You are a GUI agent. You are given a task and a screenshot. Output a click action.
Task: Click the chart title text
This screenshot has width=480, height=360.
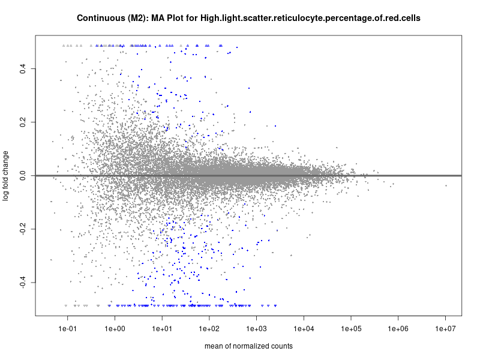tap(248, 18)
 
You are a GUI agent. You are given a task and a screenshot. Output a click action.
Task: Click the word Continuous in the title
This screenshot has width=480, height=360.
tap(99, 18)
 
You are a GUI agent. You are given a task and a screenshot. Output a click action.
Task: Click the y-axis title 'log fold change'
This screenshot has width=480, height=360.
tap(6, 175)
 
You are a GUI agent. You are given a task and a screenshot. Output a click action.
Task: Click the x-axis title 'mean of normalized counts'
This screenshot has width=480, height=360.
tap(248, 346)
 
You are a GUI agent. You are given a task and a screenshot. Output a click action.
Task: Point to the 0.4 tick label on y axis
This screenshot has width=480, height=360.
tap(22, 69)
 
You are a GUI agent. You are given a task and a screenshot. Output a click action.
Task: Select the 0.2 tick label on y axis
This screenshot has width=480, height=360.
tap(22, 122)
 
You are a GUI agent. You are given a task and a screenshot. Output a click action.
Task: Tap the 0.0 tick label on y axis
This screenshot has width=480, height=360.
tap(22, 176)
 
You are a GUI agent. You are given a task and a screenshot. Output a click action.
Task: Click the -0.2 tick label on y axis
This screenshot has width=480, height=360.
tap(22, 229)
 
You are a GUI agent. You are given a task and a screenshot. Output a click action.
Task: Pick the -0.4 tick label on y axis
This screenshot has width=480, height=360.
tap(22, 282)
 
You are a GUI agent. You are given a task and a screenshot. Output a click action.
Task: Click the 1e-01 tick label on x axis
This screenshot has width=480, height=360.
tap(67, 329)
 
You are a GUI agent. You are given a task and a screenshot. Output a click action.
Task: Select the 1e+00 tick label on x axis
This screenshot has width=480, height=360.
tap(115, 329)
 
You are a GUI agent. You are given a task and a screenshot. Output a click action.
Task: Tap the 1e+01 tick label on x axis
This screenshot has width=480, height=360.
tap(162, 329)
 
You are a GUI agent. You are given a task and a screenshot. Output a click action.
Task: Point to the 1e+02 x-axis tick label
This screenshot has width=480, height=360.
tap(209, 329)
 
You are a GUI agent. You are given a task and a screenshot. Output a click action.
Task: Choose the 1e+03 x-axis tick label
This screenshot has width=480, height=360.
tap(257, 329)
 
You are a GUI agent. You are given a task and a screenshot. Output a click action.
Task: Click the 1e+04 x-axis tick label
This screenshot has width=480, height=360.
tap(304, 329)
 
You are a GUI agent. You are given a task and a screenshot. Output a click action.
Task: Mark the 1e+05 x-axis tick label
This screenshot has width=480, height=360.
tap(351, 329)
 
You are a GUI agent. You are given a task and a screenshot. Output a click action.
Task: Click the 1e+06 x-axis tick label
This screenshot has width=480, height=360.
tap(398, 329)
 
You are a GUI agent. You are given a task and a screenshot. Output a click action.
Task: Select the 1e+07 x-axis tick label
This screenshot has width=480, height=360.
tap(446, 329)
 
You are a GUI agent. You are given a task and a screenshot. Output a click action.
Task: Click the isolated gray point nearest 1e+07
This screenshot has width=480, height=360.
tap(446, 186)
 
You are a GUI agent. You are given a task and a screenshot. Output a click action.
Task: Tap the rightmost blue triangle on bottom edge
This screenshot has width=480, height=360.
tap(275, 305)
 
